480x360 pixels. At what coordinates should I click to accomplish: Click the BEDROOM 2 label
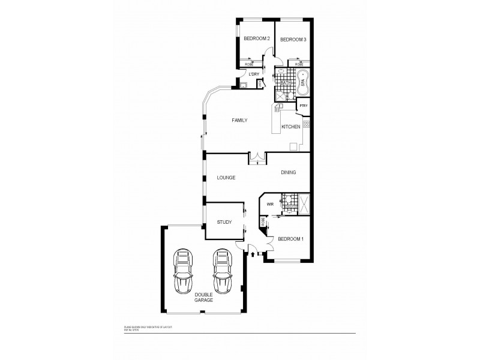click(x=256, y=39)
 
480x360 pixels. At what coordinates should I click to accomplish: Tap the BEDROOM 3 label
click(x=293, y=40)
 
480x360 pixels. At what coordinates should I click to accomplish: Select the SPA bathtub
click(x=303, y=83)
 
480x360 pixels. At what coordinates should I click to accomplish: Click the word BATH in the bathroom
click(x=285, y=83)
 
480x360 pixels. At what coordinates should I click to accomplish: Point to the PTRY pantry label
click(x=304, y=106)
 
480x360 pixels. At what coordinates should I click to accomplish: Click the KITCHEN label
click(x=291, y=127)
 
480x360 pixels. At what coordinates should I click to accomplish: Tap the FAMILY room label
click(x=239, y=121)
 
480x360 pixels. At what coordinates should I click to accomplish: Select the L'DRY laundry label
click(x=254, y=74)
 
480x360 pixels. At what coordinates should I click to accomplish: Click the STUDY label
click(x=224, y=222)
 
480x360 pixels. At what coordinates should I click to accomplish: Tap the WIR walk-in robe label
click(x=270, y=205)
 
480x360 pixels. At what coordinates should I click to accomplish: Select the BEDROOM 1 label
click(x=290, y=239)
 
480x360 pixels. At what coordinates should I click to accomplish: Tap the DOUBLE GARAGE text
click(x=203, y=297)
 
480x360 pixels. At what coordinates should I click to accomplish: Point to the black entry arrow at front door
click(x=251, y=254)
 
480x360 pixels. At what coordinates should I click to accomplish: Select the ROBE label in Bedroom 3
click(x=298, y=64)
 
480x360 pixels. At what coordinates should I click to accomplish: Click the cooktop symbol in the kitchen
click(x=306, y=124)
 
